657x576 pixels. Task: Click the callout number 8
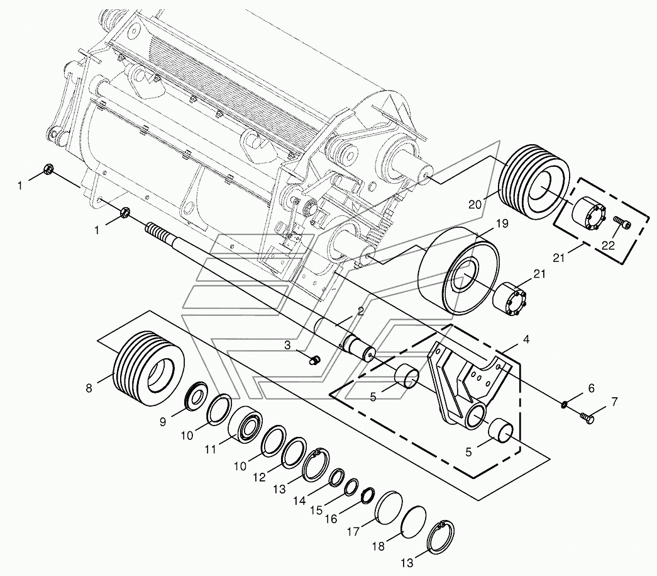[x=88, y=388]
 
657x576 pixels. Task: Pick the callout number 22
[x=607, y=246]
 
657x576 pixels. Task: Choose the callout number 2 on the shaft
[x=360, y=311]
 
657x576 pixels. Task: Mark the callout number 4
[x=526, y=339]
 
